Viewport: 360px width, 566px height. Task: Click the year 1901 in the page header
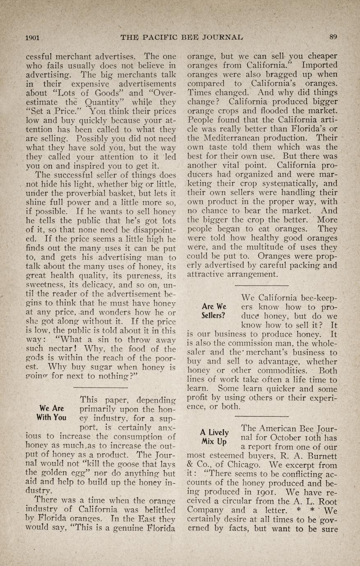(x=32, y=37)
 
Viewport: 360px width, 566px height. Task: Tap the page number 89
(x=333, y=37)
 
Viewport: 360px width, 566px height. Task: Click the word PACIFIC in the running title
(x=160, y=37)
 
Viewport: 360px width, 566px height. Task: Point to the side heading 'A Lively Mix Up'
(x=214, y=437)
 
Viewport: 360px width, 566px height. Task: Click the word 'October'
(x=277, y=437)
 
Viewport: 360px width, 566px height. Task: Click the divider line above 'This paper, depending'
(x=100, y=388)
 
